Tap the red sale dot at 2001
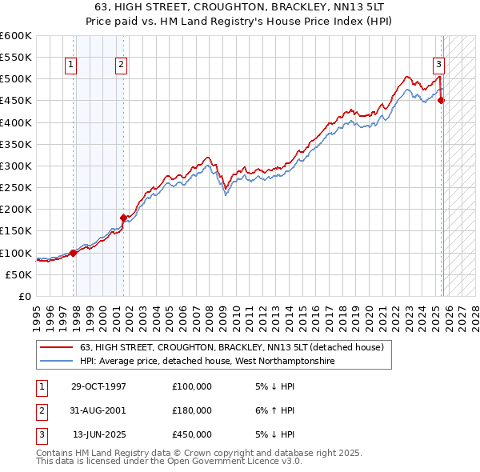123,218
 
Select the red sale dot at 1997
73,253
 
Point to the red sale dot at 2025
442,100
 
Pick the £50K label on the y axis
18,274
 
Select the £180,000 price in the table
192,410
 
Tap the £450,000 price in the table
192,434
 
